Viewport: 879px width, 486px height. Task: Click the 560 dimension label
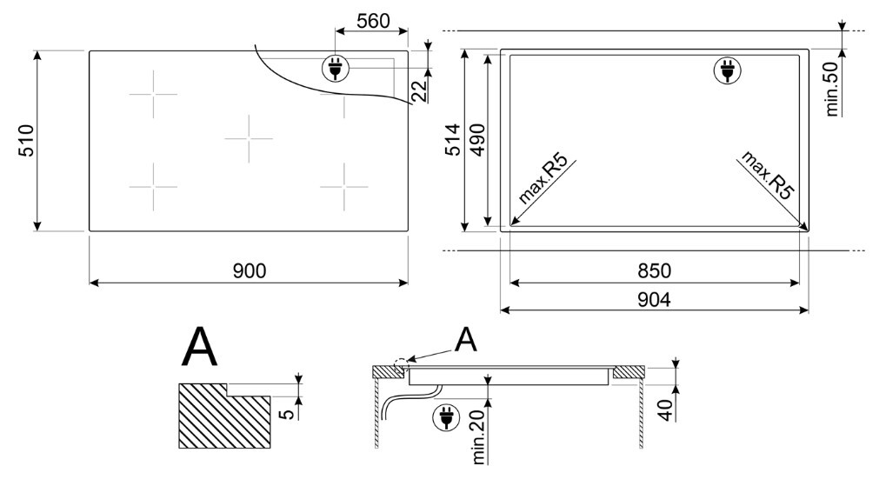tap(373, 21)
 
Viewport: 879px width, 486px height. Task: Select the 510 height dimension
tap(26, 141)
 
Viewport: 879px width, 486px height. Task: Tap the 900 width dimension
tap(250, 271)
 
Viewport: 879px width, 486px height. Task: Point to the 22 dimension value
tap(420, 90)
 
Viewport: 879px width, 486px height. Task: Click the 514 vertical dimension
tap(452, 140)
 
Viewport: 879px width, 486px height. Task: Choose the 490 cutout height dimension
tap(476, 140)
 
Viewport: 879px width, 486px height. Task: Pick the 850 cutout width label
tap(654, 271)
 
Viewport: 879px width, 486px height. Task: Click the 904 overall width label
tap(654, 300)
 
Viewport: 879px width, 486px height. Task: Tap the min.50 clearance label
tap(832, 89)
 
